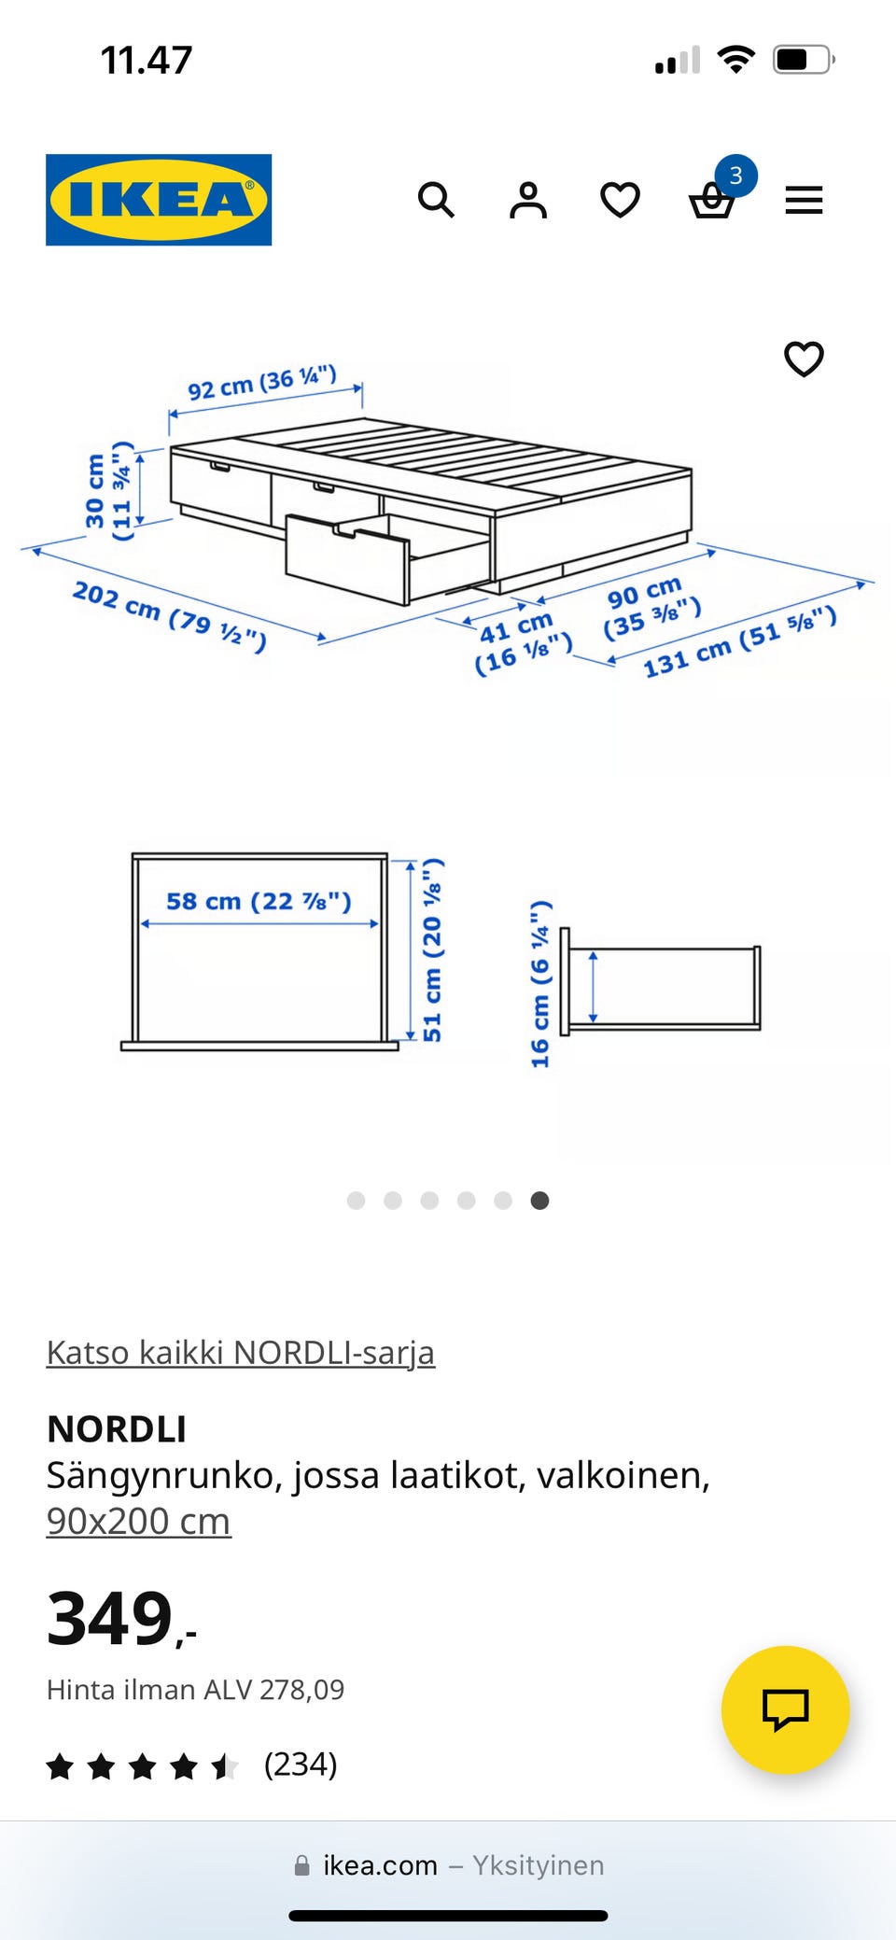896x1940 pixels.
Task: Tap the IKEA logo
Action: coord(159,200)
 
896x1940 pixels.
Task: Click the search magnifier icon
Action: coord(436,200)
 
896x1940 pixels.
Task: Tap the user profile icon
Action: coord(528,200)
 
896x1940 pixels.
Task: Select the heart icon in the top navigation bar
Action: coord(620,200)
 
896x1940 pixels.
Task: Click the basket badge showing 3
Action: coord(735,176)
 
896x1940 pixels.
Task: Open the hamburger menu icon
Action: coord(804,200)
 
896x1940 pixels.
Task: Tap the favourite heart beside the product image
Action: coord(804,358)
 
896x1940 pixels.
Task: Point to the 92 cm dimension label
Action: coord(261,383)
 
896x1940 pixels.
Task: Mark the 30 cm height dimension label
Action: coord(108,491)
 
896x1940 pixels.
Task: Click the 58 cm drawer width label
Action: coord(259,901)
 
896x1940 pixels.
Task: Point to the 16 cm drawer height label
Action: coord(540,984)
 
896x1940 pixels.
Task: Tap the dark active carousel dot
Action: coord(539,1201)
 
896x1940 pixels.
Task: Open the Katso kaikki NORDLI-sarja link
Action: coord(241,1352)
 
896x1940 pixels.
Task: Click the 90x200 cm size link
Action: coord(138,1521)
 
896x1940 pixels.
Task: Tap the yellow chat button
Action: coord(785,1709)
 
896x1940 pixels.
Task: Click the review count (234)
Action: coord(300,1764)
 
